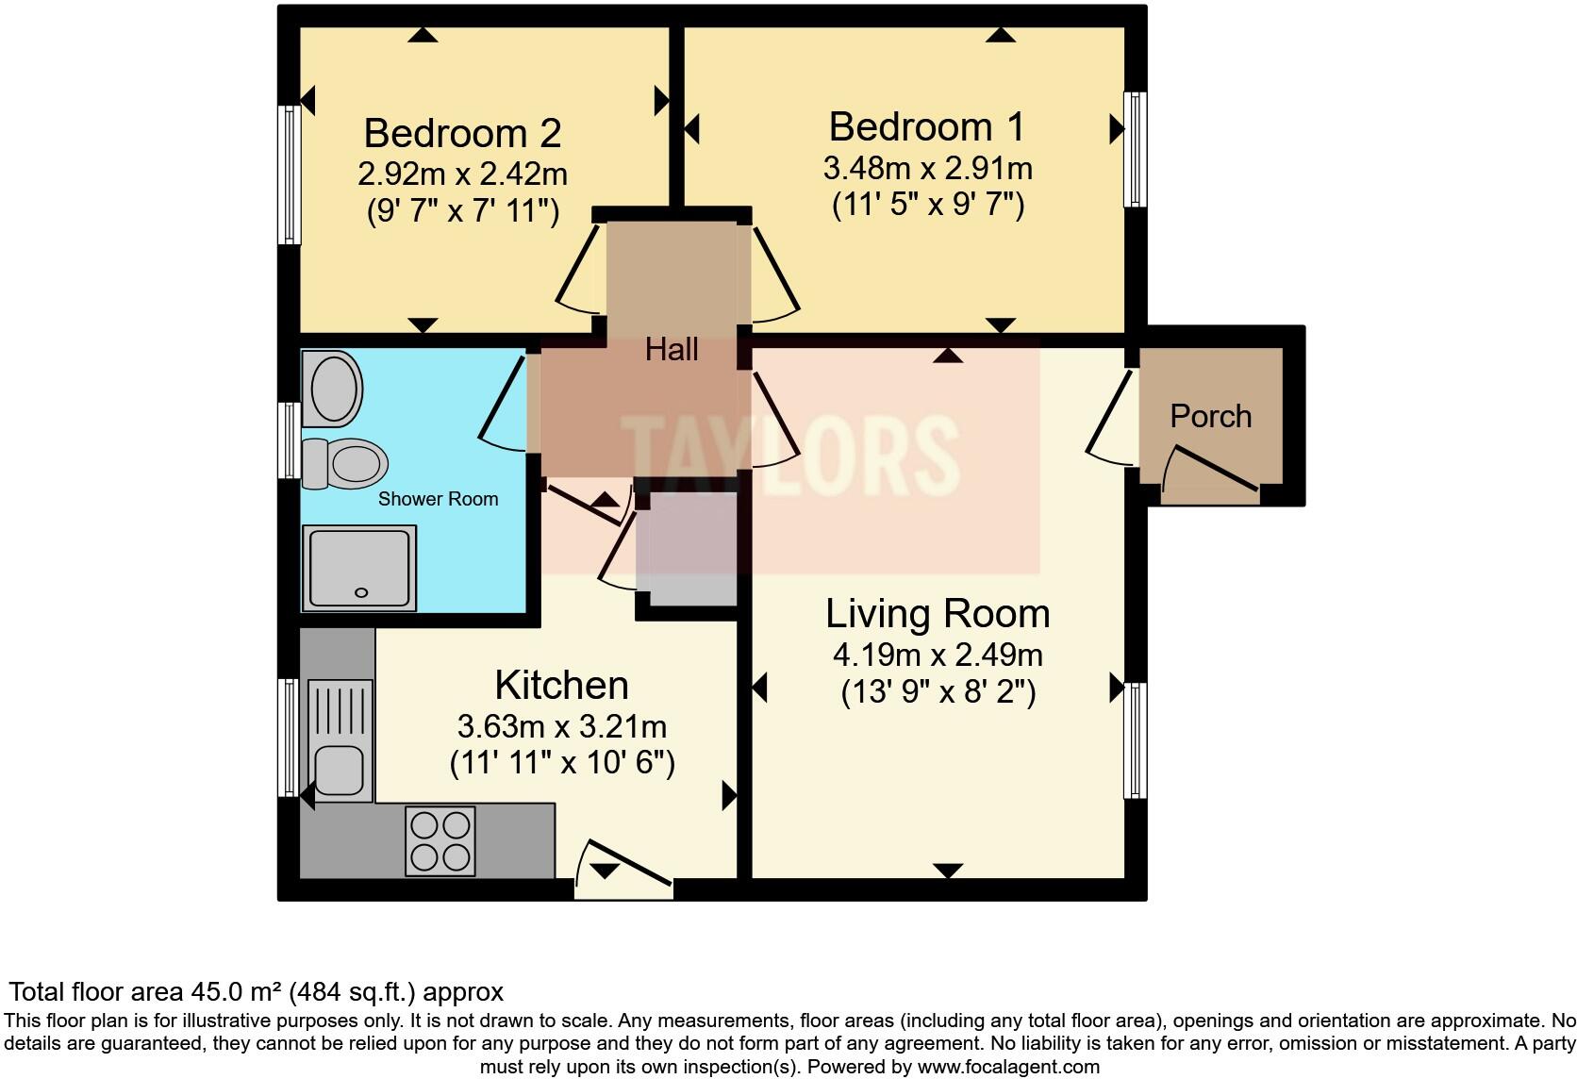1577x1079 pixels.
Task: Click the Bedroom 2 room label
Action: [x=462, y=133]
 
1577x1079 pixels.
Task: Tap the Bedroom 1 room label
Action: [x=927, y=126]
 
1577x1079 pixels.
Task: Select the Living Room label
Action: [x=938, y=613]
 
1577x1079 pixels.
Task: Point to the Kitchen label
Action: [x=561, y=685]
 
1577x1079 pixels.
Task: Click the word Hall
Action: [x=672, y=350]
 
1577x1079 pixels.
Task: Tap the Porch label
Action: [x=1211, y=416]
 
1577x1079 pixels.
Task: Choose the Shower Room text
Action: [x=438, y=499]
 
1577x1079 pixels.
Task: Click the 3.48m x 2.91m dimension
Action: [x=927, y=169]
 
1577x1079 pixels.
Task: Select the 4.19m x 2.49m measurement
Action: [x=938, y=655]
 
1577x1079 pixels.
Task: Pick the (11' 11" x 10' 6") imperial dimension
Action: [x=562, y=762]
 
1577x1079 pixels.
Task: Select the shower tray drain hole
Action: [x=361, y=593]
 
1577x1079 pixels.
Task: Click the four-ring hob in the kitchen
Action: [x=439, y=840]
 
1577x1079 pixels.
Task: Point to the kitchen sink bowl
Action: [x=340, y=770]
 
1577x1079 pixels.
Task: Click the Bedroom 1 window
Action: [x=1136, y=149]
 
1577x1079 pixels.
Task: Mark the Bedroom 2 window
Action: [x=290, y=174]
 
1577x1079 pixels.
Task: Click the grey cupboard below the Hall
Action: [x=687, y=549]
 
